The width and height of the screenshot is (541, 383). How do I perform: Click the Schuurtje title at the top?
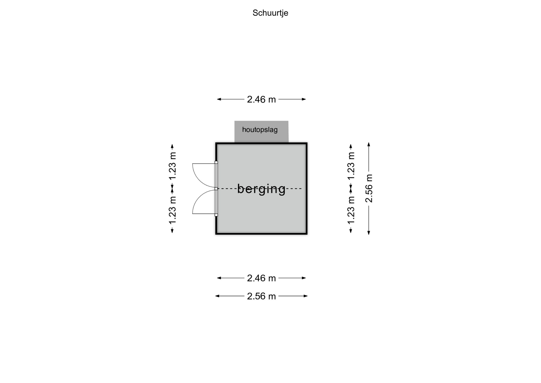(x=270, y=13)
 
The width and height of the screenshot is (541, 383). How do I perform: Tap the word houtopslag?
(x=260, y=130)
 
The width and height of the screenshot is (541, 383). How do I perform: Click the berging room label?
(x=261, y=189)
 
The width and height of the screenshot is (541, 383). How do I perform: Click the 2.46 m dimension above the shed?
(x=261, y=99)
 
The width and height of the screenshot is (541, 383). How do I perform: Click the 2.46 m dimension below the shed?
(x=261, y=278)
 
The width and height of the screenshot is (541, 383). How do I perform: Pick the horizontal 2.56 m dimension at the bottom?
(x=261, y=296)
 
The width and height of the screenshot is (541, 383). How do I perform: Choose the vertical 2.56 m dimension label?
(x=369, y=188)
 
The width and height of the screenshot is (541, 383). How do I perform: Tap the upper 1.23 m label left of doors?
(x=172, y=166)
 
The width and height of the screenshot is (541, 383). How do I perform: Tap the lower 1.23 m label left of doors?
(x=172, y=210)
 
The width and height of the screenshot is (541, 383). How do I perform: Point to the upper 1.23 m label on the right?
(x=351, y=166)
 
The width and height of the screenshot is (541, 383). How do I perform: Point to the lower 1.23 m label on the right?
(x=351, y=210)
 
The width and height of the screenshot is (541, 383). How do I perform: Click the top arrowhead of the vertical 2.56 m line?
(x=369, y=144)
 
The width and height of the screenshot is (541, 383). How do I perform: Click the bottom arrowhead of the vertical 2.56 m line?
(x=369, y=233)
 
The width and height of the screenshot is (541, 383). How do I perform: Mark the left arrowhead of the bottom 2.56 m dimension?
(x=217, y=296)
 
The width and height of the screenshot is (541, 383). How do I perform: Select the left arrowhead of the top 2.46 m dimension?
(x=219, y=99)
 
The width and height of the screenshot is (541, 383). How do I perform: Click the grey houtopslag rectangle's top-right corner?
(x=288, y=121)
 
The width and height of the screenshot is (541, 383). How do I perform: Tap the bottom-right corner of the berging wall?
(x=307, y=234)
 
